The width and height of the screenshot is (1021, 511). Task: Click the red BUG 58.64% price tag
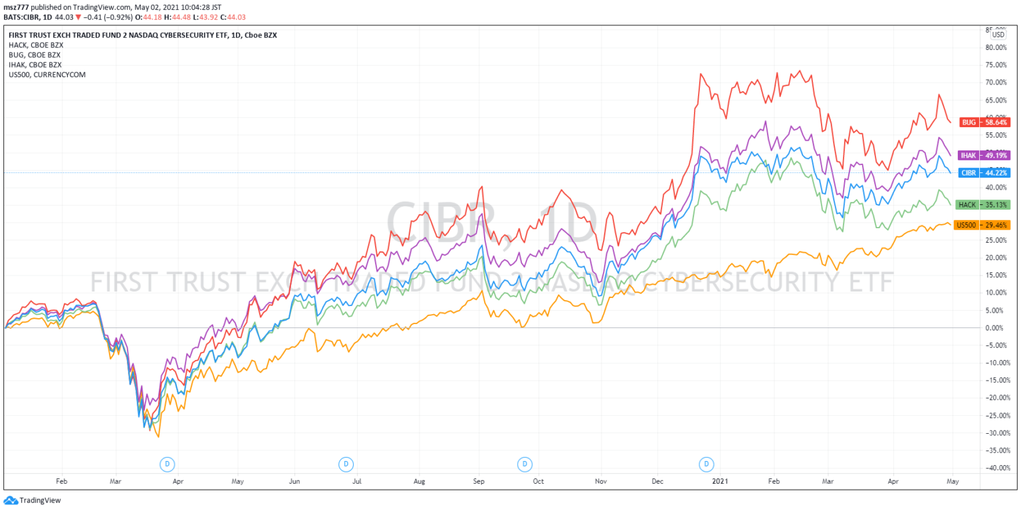985,122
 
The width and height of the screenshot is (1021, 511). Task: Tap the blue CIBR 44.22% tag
985,173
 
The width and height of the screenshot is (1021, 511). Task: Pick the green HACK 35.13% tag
982,204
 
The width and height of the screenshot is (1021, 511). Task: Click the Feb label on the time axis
62,480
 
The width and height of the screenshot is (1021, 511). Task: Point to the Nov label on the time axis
600,480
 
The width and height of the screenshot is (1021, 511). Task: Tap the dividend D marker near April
168,463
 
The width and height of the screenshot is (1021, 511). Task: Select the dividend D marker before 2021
707,463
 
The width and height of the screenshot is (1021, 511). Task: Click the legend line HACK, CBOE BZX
36,45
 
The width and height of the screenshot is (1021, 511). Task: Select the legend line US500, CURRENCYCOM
47,75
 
